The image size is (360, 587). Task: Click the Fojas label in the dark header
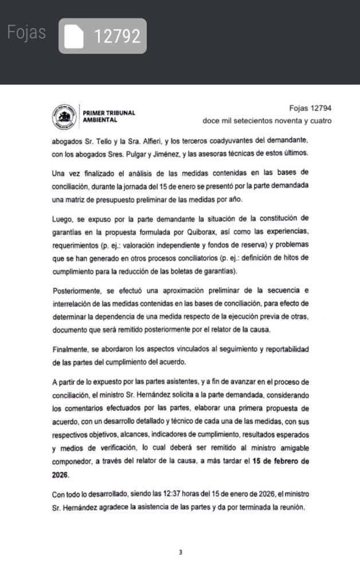pos(26,33)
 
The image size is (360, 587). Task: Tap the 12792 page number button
pos(116,37)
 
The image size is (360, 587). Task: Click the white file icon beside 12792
pos(74,37)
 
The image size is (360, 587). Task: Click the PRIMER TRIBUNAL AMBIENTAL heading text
pos(109,116)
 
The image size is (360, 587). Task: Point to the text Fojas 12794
pos(310,108)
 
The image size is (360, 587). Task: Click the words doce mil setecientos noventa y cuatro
pos(267,121)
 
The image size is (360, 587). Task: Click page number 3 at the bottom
pos(180,553)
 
